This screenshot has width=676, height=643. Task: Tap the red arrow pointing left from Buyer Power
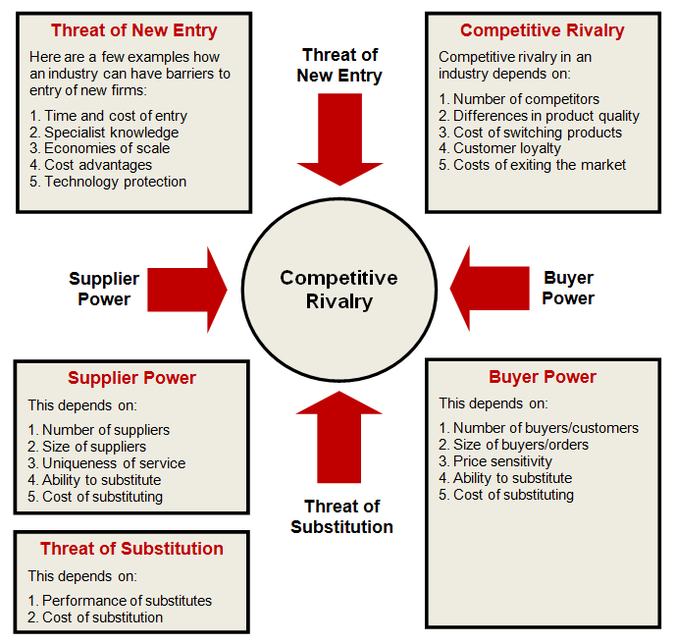(x=490, y=289)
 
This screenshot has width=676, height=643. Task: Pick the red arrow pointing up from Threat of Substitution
(x=338, y=437)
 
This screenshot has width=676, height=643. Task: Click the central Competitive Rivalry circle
(x=339, y=290)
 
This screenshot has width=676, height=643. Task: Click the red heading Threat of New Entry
(x=134, y=30)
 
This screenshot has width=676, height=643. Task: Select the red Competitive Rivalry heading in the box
(x=543, y=30)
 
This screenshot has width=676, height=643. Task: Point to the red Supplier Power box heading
(x=131, y=378)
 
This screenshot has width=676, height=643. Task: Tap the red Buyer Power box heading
(x=543, y=377)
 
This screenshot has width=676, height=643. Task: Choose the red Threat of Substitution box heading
(x=131, y=549)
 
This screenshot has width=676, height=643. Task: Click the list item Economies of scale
(x=100, y=148)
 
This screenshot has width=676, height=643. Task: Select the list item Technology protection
(x=108, y=182)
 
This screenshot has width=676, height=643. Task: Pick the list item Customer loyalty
(x=499, y=148)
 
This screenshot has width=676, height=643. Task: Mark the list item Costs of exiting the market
(x=532, y=165)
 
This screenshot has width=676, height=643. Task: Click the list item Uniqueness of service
(x=107, y=463)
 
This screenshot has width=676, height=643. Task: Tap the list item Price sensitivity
(x=495, y=461)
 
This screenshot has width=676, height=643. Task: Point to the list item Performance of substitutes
(x=120, y=601)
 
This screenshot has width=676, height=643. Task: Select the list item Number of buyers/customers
(x=539, y=428)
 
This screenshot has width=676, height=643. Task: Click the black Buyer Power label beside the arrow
(x=568, y=288)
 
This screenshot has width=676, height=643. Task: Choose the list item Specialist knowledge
(x=104, y=133)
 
